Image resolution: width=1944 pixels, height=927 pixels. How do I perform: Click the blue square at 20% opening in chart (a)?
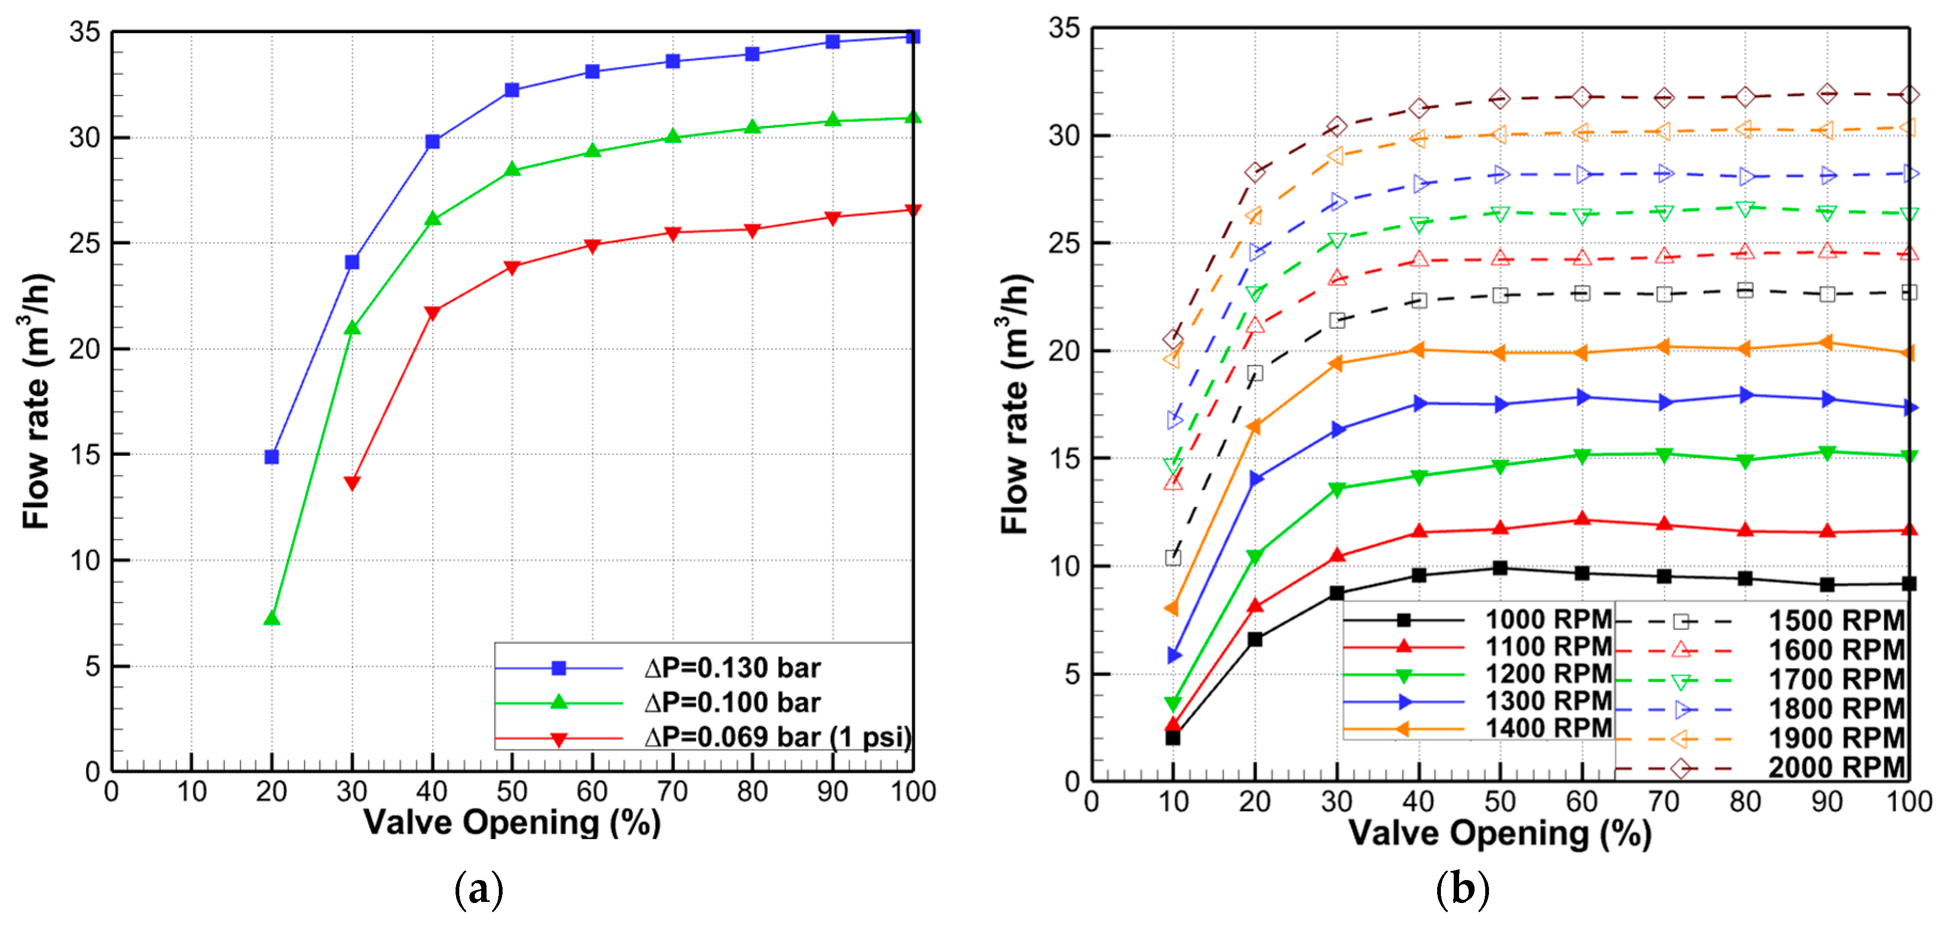[x=272, y=456]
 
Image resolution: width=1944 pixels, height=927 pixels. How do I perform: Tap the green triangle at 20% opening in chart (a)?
[x=272, y=619]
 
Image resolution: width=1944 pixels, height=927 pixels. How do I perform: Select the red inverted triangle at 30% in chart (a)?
[x=351, y=483]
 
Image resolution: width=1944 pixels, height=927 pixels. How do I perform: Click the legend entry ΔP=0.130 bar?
[x=732, y=668]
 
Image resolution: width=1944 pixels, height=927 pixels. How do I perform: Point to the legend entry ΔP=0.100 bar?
[x=732, y=702]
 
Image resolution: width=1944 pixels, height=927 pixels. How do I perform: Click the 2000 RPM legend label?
[x=1837, y=767]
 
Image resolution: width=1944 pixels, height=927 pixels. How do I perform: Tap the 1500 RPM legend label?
[x=1837, y=621]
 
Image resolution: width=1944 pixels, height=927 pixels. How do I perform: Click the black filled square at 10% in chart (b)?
[x=1173, y=737]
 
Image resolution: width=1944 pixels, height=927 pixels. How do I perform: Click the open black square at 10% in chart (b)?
[x=1173, y=557]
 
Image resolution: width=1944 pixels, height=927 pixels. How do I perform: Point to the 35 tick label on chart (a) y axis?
[x=84, y=31]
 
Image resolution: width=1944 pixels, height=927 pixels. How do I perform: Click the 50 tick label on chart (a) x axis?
[x=512, y=791]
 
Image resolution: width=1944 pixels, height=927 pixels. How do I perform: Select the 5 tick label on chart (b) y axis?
[x=1072, y=675]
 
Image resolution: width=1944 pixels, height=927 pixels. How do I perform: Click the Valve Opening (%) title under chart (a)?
[x=512, y=822]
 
